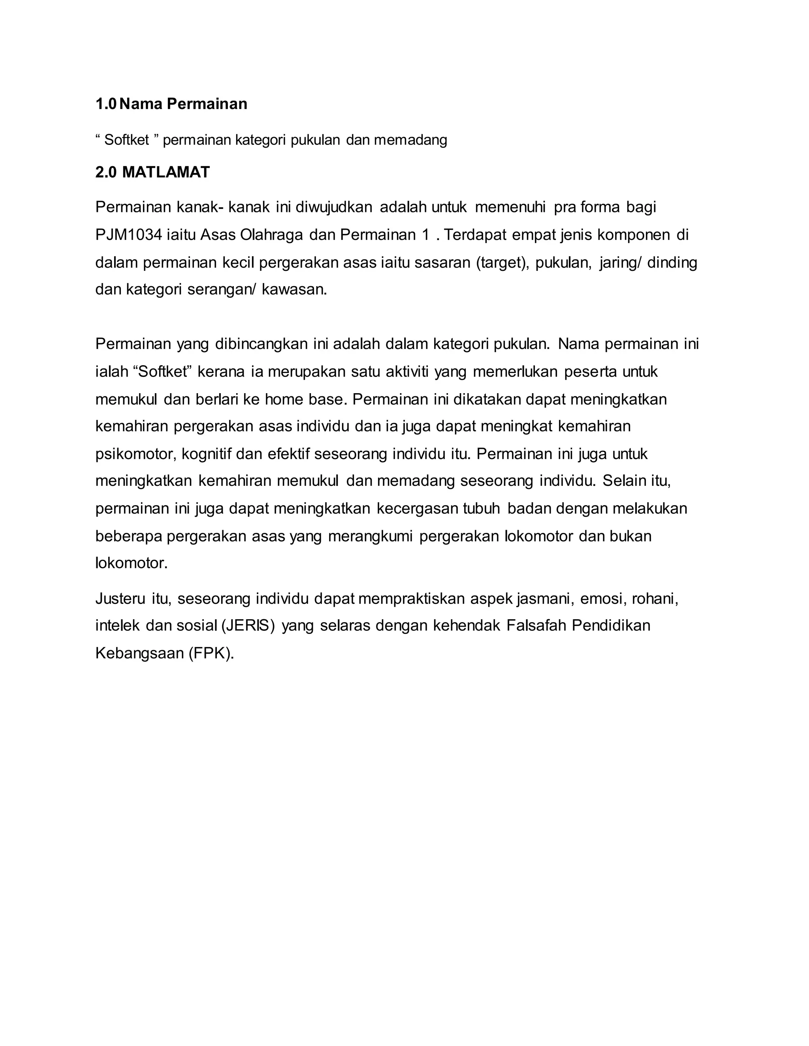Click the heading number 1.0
105,104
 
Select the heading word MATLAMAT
166,172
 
